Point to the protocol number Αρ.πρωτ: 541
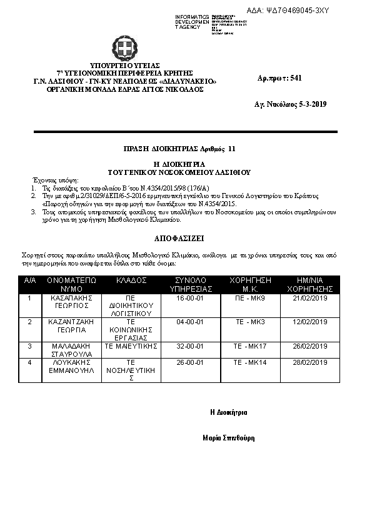pos(279,78)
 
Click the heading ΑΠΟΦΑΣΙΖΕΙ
pos(179,239)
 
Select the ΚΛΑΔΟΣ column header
pos(131,280)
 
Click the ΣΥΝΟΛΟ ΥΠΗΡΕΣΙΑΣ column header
pos(191,285)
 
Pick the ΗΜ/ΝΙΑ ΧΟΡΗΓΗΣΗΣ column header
pos(310,285)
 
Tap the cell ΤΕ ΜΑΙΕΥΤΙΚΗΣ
pos(131,345)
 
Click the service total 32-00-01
pos(191,345)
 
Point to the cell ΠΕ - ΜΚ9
pos(249,299)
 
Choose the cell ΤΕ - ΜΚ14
pos(249,362)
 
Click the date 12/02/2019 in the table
pos(310,322)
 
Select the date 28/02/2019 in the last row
pos(310,362)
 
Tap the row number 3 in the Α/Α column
pos(29,345)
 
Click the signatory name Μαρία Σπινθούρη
pos(229,438)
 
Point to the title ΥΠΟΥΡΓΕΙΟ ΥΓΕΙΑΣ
pos(125,65)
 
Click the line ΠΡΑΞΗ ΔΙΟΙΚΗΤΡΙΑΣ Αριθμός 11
pos(179,149)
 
